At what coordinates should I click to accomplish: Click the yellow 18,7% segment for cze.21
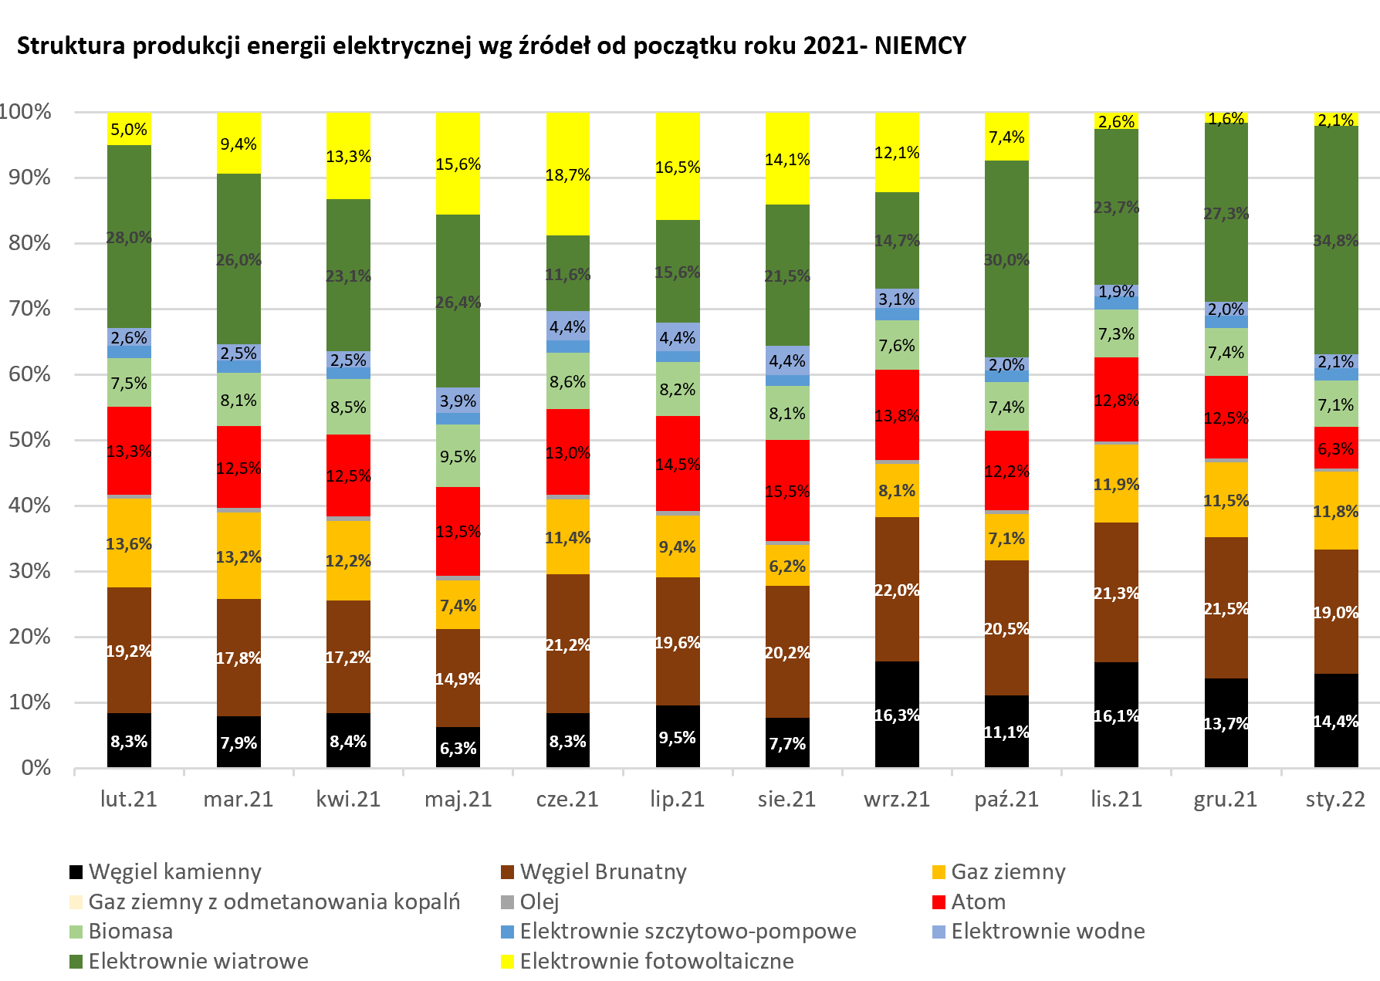click(567, 174)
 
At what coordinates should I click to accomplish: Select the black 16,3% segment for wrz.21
click(897, 715)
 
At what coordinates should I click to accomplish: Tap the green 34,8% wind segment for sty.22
click(1336, 240)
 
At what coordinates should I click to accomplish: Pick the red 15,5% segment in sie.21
click(787, 491)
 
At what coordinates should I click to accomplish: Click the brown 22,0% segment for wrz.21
click(897, 590)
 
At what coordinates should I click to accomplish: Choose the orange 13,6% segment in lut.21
click(129, 543)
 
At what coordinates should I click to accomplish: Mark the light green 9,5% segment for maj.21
click(458, 456)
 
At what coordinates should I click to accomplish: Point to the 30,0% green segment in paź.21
click(1006, 259)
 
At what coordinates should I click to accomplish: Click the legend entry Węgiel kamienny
click(174, 872)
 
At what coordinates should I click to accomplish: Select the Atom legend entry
click(978, 902)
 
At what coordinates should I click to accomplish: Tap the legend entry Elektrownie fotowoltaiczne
click(656, 962)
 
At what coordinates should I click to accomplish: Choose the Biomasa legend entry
click(130, 932)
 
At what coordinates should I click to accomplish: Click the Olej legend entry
click(539, 902)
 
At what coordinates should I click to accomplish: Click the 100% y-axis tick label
click(25, 112)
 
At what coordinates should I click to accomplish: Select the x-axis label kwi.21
click(348, 799)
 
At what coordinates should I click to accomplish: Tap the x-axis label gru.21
click(1226, 799)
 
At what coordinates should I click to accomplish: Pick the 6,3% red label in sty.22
click(1336, 449)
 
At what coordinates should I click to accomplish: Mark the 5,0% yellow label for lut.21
click(129, 130)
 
